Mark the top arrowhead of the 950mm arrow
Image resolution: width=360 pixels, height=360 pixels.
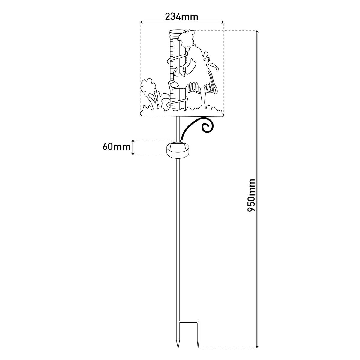click(x=257, y=32)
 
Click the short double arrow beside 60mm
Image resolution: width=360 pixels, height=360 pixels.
click(x=133, y=147)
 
